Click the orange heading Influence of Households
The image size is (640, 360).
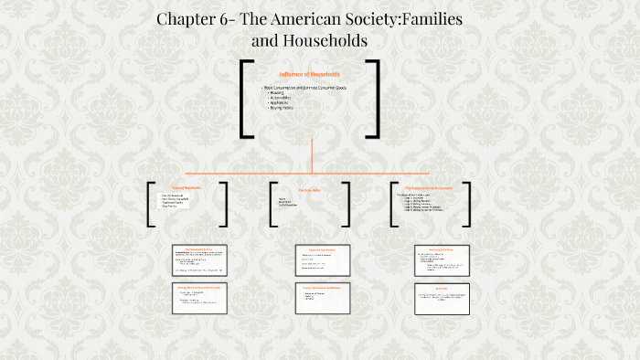(309, 73)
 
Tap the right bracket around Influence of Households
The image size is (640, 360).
(375, 99)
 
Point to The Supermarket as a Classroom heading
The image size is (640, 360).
(430, 188)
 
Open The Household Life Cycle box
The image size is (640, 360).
(198, 259)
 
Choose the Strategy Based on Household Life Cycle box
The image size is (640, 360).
(198, 298)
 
